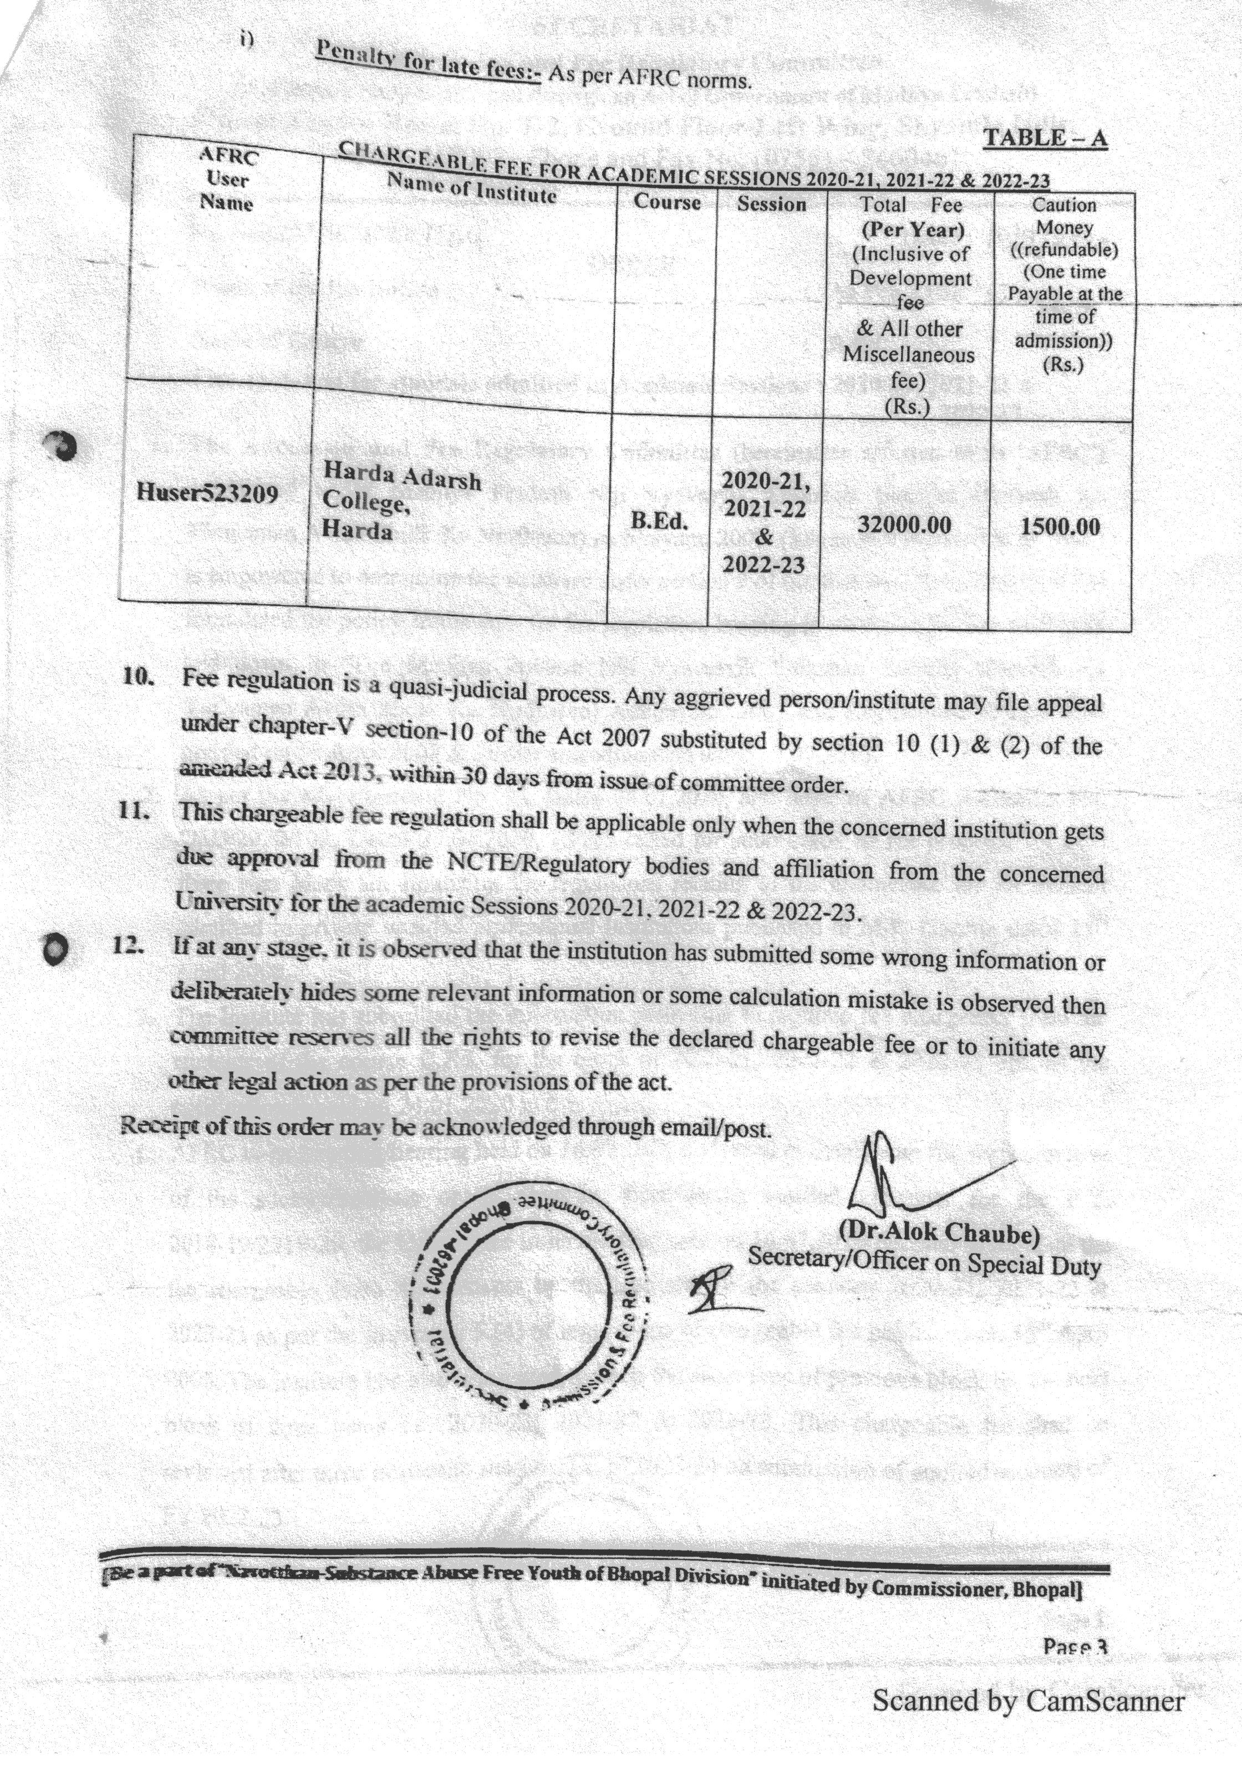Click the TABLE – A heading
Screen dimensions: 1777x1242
point(1045,138)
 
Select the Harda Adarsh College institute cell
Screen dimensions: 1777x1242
point(401,501)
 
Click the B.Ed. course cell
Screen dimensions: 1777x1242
point(659,521)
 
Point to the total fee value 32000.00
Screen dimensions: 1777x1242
point(904,525)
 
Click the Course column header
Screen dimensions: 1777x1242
point(666,202)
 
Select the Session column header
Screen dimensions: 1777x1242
point(771,204)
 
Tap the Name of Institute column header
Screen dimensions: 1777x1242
point(471,187)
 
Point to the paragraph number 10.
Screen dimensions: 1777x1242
point(139,675)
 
